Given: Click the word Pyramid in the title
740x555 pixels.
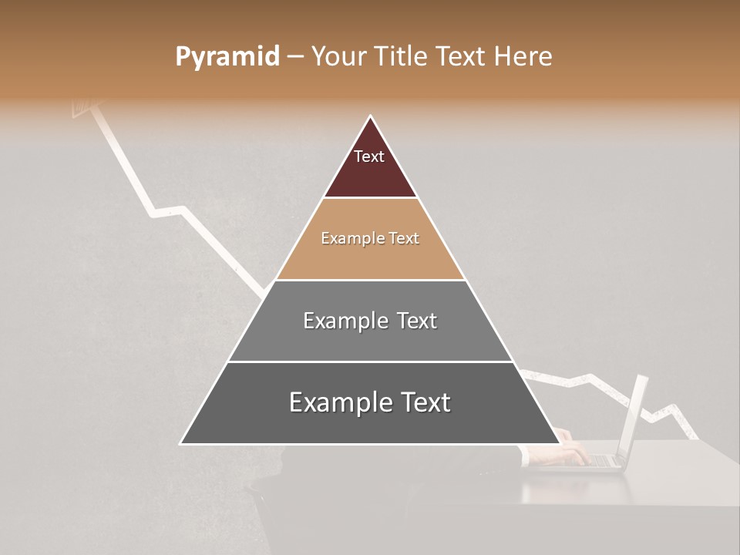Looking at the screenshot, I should [227, 57].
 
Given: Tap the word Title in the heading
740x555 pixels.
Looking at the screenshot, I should [402, 57].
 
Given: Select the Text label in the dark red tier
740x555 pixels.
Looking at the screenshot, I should [369, 156].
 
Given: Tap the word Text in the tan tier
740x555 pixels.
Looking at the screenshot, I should [405, 239].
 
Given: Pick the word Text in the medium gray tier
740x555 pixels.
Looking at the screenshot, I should [417, 321].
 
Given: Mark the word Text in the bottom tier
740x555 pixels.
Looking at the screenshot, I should [425, 402].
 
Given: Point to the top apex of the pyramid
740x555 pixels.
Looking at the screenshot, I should [370, 117].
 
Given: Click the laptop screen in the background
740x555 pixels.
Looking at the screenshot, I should [637, 416].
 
